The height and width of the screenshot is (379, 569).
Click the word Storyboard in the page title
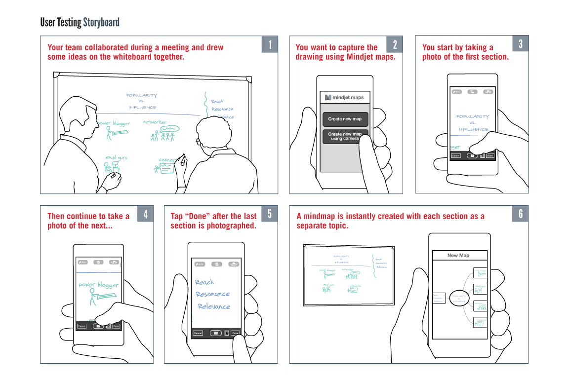point(101,22)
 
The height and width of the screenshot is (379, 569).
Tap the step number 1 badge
point(270,44)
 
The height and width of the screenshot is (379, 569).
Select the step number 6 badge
point(520,214)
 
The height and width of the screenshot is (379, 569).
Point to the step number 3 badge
point(521,44)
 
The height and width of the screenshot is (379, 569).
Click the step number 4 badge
point(145,214)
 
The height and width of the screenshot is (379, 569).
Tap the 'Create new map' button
point(345,119)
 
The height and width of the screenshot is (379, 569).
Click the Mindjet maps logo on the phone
point(345,97)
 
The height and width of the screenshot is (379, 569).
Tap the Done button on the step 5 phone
point(235,333)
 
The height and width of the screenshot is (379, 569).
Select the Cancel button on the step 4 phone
point(81,326)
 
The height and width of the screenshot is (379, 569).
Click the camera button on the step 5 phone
point(215,333)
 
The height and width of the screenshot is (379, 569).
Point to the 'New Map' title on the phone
point(458,256)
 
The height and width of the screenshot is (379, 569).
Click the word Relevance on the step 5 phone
point(214,306)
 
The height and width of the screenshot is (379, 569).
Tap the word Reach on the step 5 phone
point(204,282)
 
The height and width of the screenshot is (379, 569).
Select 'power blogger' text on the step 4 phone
point(99,285)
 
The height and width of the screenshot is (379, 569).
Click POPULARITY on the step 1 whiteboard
point(142,95)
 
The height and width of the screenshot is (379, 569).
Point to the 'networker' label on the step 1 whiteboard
point(155,122)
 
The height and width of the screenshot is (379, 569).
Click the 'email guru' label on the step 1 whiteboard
point(116,158)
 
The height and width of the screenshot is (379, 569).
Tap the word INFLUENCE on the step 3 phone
point(473,129)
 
